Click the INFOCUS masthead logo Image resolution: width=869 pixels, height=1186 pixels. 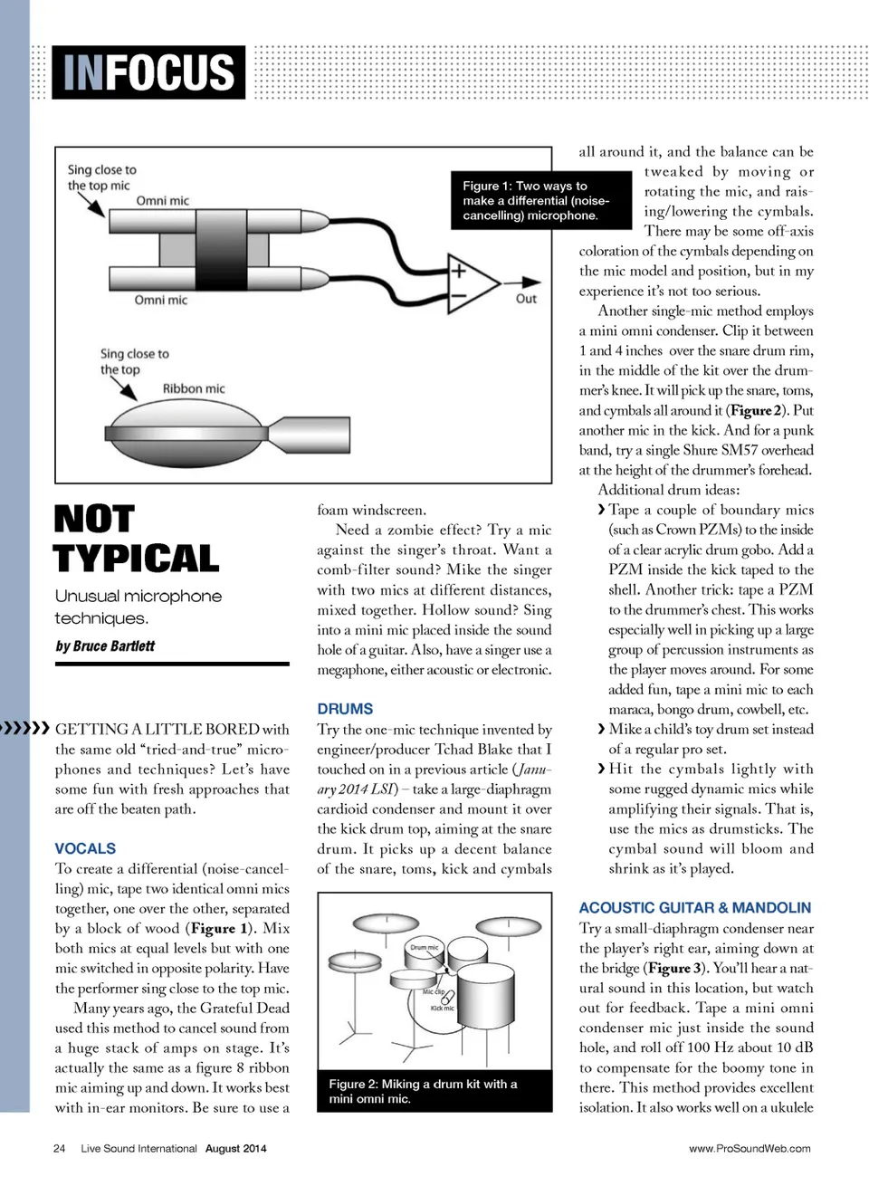click(148, 72)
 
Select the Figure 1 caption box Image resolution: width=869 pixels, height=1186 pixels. click(540, 200)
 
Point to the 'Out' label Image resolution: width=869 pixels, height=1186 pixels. click(526, 299)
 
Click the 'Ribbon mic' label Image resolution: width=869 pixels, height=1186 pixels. click(194, 388)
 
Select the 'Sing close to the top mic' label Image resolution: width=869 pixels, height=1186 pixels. click(101, 177)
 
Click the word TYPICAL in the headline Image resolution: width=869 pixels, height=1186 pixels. click(137, 559)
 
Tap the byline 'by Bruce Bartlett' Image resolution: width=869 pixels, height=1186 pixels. click(105, 646)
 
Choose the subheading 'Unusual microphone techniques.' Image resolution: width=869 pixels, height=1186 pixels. click(138, 607)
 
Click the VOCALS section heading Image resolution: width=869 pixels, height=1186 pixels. click(85, 848)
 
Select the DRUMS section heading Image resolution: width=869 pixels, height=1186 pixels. click(345, 709)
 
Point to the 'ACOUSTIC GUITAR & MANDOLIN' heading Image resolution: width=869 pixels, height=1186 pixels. click(694, 907)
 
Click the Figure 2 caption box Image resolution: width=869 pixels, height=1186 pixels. click(434, 1091)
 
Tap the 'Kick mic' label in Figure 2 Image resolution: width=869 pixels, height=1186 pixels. click(443, 1008)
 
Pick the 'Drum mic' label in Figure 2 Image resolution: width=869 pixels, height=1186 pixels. click(424, 947)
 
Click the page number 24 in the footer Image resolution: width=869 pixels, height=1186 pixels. click(60, 1148)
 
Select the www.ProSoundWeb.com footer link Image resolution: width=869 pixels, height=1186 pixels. click(750, 1148)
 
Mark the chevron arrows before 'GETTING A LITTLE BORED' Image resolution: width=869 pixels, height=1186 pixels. click(25, 728)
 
